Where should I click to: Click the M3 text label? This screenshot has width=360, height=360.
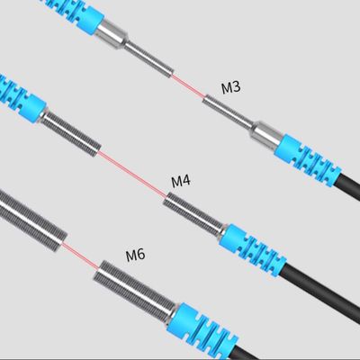[x=231, y=87]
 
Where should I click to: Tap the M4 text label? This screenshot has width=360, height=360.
[x=181, y=181]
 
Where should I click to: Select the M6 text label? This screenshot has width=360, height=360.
[x=135, y=255]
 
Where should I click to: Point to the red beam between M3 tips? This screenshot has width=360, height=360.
[x=188, y=85]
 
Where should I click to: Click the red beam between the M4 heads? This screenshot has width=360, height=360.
[x=132, y=174]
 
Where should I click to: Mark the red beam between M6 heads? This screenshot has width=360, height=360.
[x=80, y=256]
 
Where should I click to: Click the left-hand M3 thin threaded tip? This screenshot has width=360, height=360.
[x=148, y=59]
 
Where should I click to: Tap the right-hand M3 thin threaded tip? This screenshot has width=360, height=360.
[x=228, y=111]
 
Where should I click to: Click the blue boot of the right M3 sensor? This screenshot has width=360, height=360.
[x=308, y=161]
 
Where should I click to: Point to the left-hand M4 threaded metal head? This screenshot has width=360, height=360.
[x=71, y=133]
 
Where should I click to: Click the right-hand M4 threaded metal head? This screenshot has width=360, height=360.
[x=194, y=213]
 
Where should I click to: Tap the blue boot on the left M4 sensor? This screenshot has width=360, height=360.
[x=21, y=98]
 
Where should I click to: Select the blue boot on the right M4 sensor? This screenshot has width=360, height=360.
[x=252, y=249]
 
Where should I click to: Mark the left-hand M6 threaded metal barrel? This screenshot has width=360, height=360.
[x=31, y=220]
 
